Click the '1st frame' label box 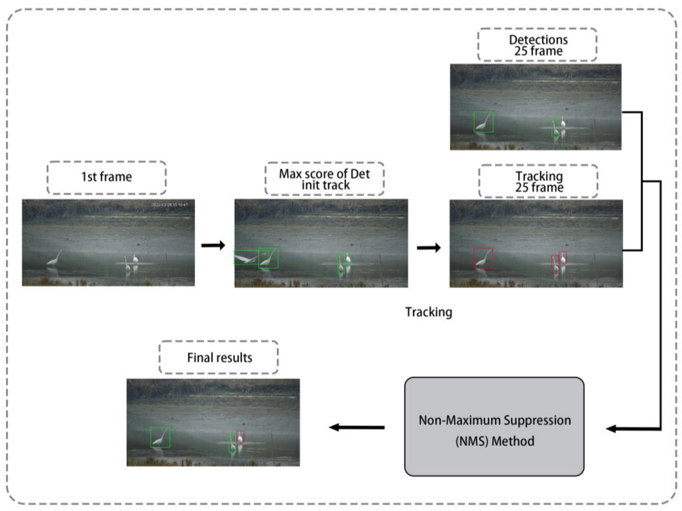click(x=106, y=177)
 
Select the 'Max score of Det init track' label click(x=324, y=179)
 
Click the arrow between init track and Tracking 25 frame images click(x=429, y=248)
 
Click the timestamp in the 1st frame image click(x=169, y=205)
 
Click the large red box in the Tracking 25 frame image click(x=483, y=258)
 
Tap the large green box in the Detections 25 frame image click(x=483, y=122)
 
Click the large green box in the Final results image click(x=160, y=437)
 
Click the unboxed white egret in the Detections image click(x=563, y=122)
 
